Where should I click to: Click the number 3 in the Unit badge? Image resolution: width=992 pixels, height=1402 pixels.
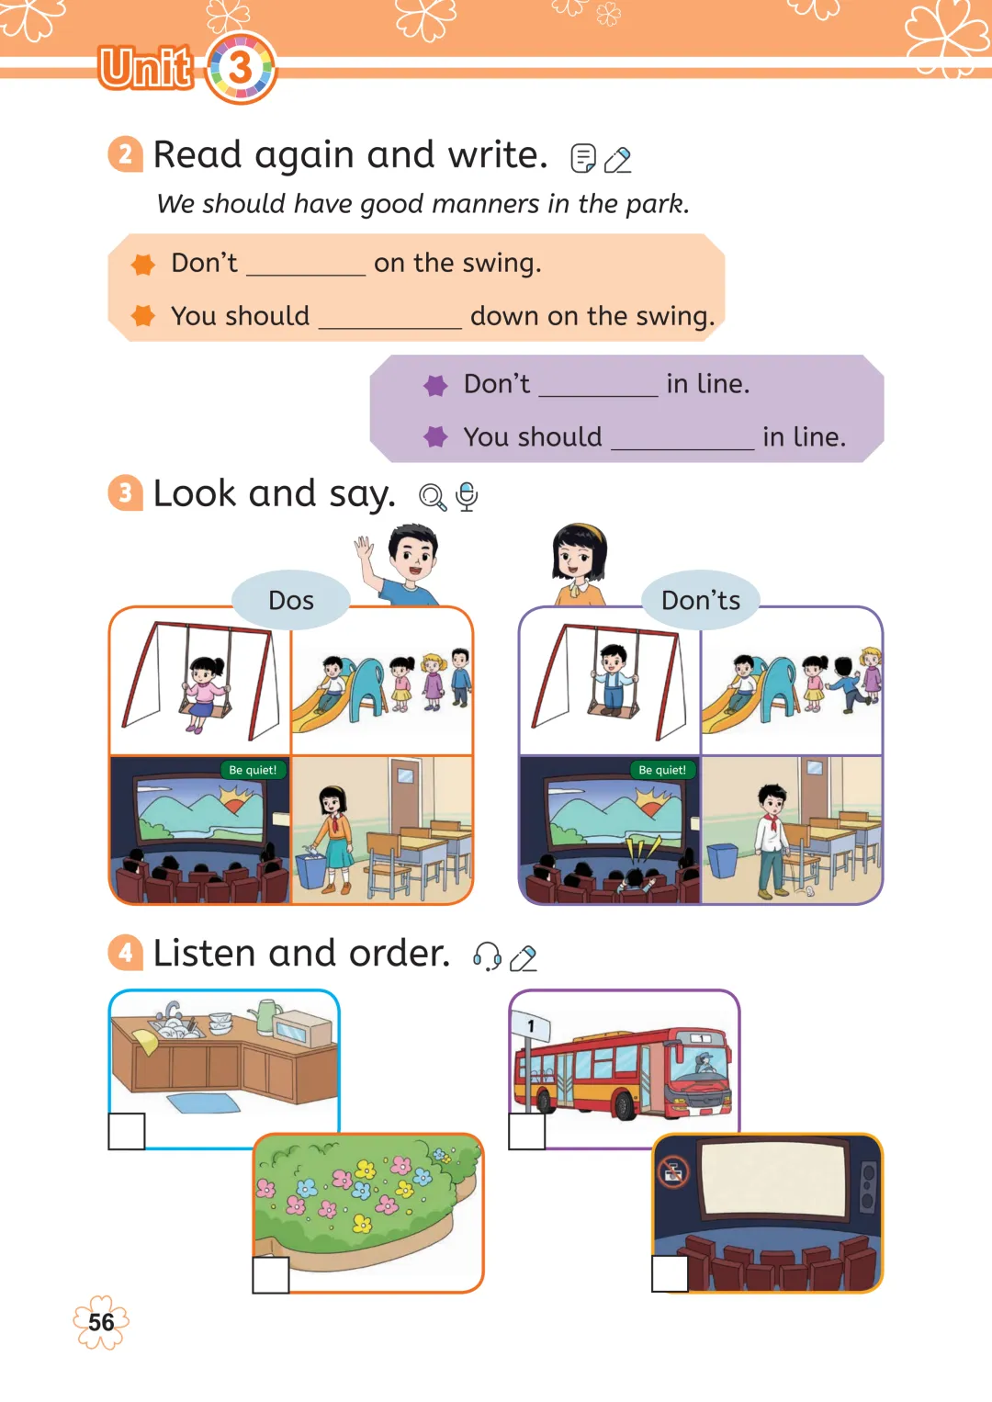(x=241, y=67)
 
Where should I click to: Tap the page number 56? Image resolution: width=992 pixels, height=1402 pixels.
(x=101, y=1322)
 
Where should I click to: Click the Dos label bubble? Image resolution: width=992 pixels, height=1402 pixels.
(x=291, y=600)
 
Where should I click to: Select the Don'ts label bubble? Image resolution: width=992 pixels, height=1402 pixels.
(x=701, y=600)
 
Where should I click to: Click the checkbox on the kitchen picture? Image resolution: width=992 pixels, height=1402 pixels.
(x=127, y=1131)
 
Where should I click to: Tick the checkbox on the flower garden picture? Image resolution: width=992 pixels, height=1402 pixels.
(x=270, y=1275)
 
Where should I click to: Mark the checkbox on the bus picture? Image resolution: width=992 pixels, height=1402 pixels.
(x=526, y=1131)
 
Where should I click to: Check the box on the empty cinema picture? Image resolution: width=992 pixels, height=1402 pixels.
(x=670, y=1273)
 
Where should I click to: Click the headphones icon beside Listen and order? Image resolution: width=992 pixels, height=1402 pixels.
(x=487, y=956)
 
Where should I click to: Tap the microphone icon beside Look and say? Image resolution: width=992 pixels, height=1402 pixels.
(x=467, y=496)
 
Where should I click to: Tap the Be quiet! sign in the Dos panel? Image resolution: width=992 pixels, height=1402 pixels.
(x=253, y=770)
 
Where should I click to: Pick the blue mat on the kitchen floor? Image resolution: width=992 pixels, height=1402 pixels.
(x=204, y=1102)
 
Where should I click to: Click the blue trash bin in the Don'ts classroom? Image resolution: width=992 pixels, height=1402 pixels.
(x=723, y=860)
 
